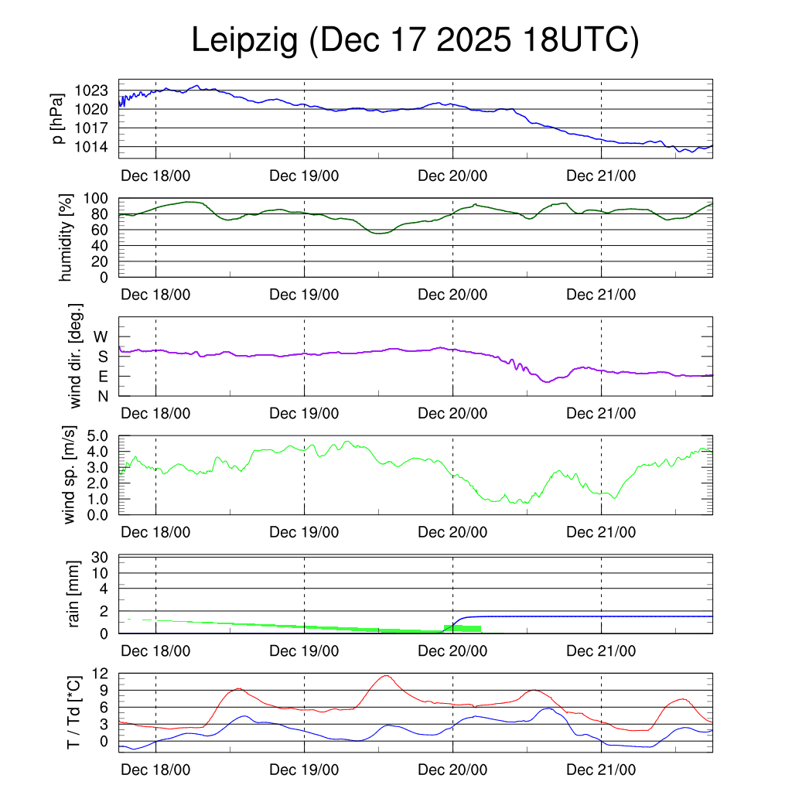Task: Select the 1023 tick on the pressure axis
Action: (x=91, y=90)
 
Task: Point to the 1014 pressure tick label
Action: (x=91, y=147)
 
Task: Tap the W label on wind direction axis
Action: (x=101, y=336)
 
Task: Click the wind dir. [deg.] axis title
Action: (x=76, y=357)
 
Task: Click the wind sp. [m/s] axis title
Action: (x=70, y=475)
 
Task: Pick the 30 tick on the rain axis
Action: (x=100, y=556)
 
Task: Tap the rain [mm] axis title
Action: (x=74, y=594)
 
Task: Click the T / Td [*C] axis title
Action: (x=74, y=712)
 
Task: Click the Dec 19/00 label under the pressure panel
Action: (x=304, y=176)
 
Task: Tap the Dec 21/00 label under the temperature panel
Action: (x=601, y=769)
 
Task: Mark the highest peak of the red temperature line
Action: (x=385, y=675)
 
